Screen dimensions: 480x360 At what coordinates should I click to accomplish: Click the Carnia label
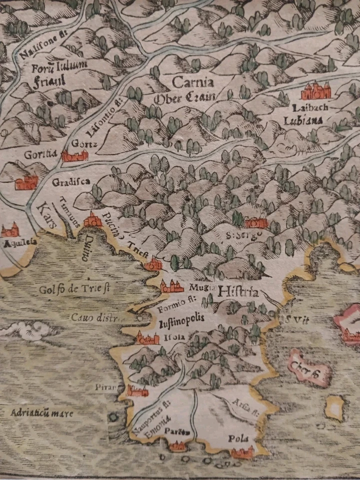pos(193,82)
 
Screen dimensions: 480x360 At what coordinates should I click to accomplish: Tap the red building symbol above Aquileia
pos(10,230)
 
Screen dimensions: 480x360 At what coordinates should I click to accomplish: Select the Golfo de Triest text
pos(75,289)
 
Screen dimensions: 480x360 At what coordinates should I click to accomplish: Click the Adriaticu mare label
pos(41,413)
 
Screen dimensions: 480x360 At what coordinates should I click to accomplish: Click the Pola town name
pos(238,438)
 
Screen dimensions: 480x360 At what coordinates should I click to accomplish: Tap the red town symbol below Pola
pos(242,452)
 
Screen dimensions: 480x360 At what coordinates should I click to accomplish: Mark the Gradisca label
pos(70,182)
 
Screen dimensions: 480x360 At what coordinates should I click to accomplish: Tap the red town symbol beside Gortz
pos(74,157)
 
